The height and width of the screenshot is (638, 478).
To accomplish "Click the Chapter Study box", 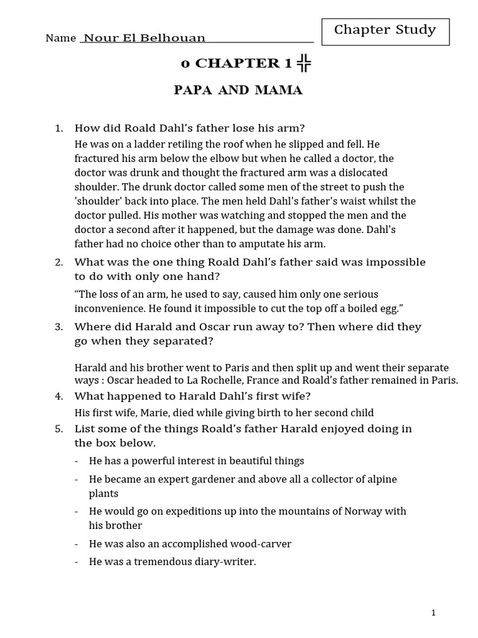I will point(385,31).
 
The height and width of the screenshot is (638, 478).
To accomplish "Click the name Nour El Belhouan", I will point(144,38).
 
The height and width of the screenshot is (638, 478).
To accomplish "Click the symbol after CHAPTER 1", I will point(304,62).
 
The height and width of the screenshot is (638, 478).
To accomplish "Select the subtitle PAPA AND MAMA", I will point(238,91).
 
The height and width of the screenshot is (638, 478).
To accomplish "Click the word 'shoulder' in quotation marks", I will point(95,201).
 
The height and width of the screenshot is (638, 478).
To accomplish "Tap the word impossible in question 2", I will point(390,262).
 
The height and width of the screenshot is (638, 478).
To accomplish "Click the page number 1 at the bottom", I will point(433,613).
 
